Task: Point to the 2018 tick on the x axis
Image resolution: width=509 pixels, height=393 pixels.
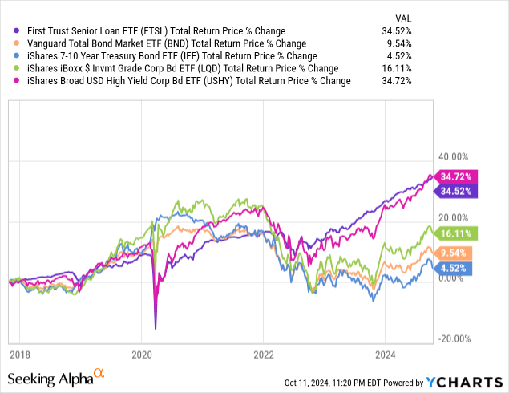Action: point(19,355)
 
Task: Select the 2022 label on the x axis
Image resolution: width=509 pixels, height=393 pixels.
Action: point(264,355)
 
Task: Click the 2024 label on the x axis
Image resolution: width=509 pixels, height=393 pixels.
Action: point(386,355)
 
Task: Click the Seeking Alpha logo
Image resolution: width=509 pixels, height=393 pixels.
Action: point(55,377)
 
